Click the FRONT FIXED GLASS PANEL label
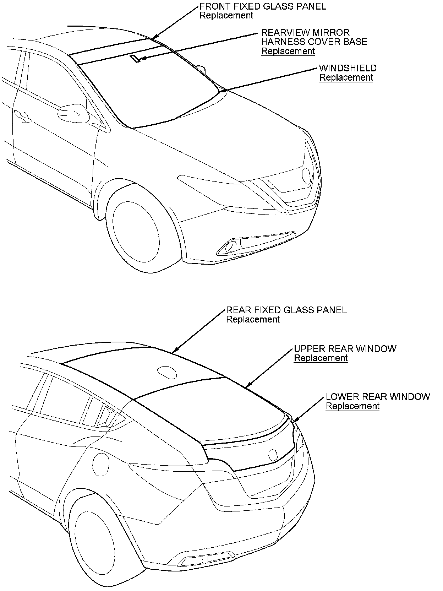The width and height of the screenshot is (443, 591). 263,6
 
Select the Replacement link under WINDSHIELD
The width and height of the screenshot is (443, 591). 346,77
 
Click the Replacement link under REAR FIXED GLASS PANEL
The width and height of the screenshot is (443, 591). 253,319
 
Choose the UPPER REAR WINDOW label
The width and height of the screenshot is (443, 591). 345,348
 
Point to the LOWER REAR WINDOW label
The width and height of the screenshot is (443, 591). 378,396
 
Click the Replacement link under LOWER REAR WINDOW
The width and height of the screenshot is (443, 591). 352,406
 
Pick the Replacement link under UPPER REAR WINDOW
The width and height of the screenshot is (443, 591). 321,358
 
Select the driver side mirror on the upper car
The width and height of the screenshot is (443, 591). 73,113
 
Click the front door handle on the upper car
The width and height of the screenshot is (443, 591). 22,116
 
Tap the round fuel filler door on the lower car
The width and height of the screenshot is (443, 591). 100,463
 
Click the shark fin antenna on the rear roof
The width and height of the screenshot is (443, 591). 166,372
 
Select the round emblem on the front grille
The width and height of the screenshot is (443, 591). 306,174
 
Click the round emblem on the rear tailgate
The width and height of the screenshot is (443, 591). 273,454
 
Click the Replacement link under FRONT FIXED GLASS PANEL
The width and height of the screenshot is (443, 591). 226,16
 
